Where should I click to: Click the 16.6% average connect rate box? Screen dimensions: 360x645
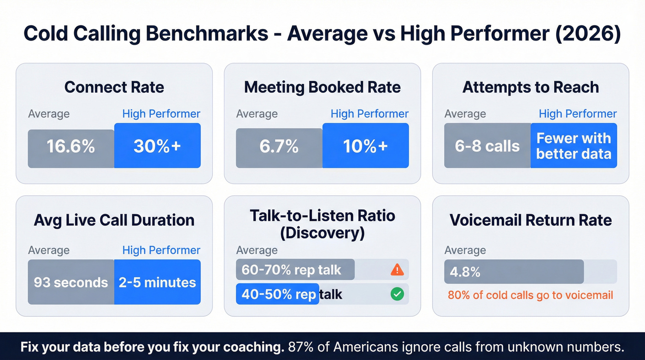click(71, 148)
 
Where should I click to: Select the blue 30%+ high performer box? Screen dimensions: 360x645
click(157, 146)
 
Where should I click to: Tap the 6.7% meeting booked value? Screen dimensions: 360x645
click(279, 148)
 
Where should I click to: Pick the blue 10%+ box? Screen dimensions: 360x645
click(365, 146)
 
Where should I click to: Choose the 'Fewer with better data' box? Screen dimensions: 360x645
click(574, 146)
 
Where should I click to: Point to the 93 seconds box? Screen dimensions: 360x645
click(71, 282)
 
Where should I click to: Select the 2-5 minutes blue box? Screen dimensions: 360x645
click(157, 282)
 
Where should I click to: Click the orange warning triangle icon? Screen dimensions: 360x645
click(397, 270)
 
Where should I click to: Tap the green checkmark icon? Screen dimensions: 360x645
click(397, 294)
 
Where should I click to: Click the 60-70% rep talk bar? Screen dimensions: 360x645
click(295, 270)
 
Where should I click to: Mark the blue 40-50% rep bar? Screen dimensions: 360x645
click(277, 294)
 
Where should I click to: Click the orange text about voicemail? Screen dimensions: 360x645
click(530, 295)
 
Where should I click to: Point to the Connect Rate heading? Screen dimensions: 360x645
click(114, 87)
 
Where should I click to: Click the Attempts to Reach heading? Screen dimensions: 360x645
click(530, 87)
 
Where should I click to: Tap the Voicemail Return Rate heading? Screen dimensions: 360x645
click(530, 220)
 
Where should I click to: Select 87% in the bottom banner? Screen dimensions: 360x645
click(302, 347)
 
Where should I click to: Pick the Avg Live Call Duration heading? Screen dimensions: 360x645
click(114, 220)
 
